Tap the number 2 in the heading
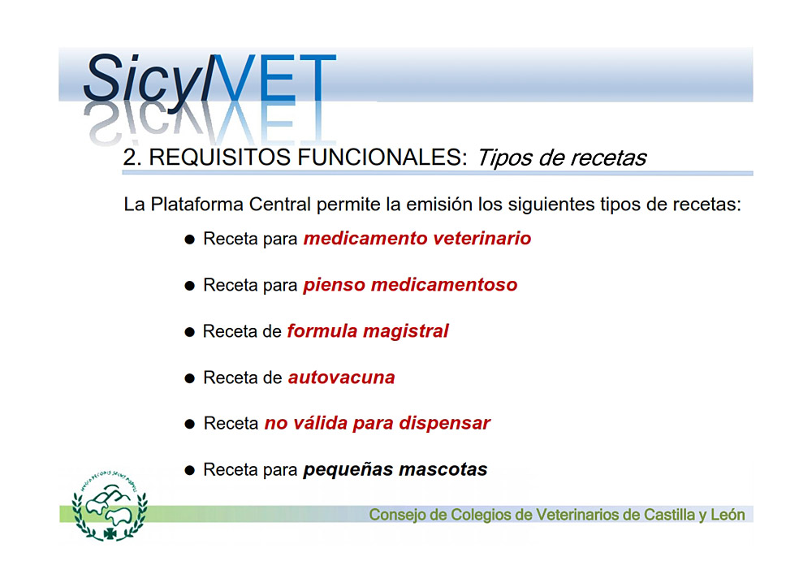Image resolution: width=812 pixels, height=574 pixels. (x=129, y=158)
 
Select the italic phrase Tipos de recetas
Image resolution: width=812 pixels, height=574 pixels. (x=562, y=158)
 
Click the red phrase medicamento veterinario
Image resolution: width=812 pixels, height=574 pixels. (x=417, y=238)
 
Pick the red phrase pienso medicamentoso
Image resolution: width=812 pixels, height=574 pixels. (x=410, y=285)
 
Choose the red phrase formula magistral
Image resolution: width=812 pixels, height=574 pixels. (x=368, y=330)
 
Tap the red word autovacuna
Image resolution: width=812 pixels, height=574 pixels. (x=341, y=378)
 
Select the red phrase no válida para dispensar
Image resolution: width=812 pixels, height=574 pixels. (x=377, y=423)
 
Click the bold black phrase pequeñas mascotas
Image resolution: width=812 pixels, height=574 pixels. (x=395, y=469)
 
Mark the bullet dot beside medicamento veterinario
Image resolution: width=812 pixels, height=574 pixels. (x=190, y=240)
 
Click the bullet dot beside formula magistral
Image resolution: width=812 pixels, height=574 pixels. (x=190, y=332)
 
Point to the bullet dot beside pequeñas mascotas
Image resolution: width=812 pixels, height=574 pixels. (x=190, y=470)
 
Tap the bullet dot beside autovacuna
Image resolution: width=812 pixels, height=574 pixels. (x=190, y=378)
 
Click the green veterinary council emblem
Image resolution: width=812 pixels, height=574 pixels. (x=110, y=506)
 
